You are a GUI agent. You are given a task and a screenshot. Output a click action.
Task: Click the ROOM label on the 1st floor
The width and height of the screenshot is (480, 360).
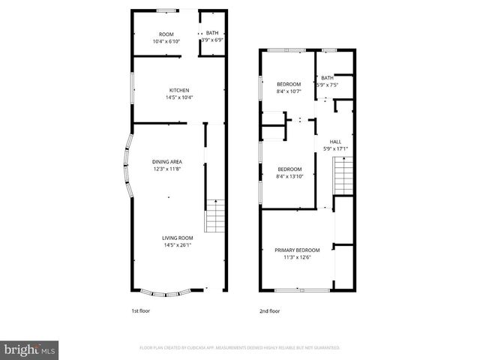(166, 34)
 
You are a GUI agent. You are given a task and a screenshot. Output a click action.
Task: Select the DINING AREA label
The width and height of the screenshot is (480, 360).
(167, 161)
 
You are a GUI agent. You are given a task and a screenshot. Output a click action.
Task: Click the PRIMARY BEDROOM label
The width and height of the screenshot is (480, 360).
(297, 250)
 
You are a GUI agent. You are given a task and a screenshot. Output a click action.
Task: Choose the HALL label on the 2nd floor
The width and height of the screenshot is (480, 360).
(335, 142)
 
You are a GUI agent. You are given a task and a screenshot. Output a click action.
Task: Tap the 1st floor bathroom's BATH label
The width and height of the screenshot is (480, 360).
(212, 33)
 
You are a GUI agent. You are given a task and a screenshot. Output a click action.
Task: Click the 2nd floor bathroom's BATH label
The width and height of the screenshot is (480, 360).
(327, 77)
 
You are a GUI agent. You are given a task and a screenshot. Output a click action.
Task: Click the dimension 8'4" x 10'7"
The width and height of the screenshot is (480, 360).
(289, 91)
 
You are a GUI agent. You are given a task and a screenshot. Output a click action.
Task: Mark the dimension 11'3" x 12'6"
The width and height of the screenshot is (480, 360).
(297, 257)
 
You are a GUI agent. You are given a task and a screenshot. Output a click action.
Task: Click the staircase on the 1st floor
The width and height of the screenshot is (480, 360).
(215, 215)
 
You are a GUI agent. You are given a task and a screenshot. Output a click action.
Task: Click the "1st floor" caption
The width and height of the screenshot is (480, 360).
(140, 310)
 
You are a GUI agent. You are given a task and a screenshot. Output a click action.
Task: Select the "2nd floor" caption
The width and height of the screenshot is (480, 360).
(269, 310)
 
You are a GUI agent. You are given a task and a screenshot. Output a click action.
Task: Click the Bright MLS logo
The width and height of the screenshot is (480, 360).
(30, 349)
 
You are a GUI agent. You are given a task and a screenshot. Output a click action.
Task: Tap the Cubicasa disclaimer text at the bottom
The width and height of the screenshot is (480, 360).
(240, 347)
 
